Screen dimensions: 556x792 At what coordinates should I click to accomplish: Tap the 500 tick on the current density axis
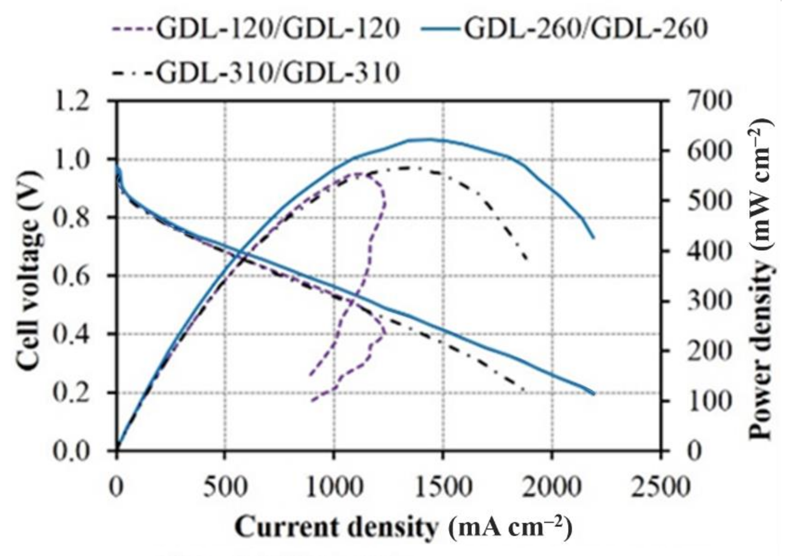click(225, 488)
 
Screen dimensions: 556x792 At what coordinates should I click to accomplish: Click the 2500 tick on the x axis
click(660, 488)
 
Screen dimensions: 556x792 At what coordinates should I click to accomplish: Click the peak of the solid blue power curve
click(430, 139)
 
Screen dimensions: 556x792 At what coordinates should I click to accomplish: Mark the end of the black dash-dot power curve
click(527, 259)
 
